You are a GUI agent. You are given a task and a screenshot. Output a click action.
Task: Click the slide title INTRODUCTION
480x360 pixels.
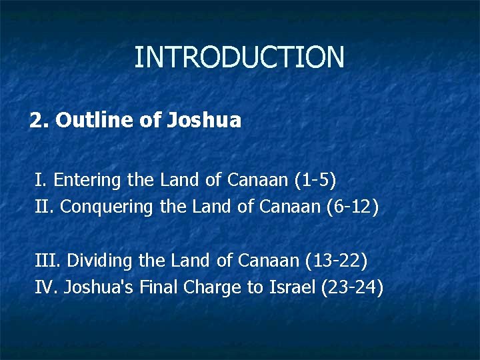(x=239, y=57)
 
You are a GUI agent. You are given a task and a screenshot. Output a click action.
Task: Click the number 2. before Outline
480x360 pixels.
(x=40, y=121)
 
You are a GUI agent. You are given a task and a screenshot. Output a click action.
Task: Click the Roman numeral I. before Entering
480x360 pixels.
(x=41, y=180)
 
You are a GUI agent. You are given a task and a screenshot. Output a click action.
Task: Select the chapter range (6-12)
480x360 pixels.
(x=353, y=207)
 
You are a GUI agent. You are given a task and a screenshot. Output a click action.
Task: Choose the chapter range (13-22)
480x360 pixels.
(x=336, y=260)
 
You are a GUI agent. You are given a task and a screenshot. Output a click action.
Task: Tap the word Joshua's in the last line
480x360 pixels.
(x=95, y=287)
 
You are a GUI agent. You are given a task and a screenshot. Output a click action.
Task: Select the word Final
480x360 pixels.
(x=157, y=287)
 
